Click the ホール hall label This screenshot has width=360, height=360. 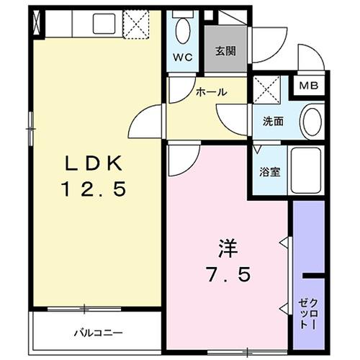[x=212, y=92]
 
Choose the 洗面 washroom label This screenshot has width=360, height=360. [x=273, y=122]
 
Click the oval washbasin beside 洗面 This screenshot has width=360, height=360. [x=312, y=121]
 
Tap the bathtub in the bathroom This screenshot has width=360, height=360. [x=307, y=172]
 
